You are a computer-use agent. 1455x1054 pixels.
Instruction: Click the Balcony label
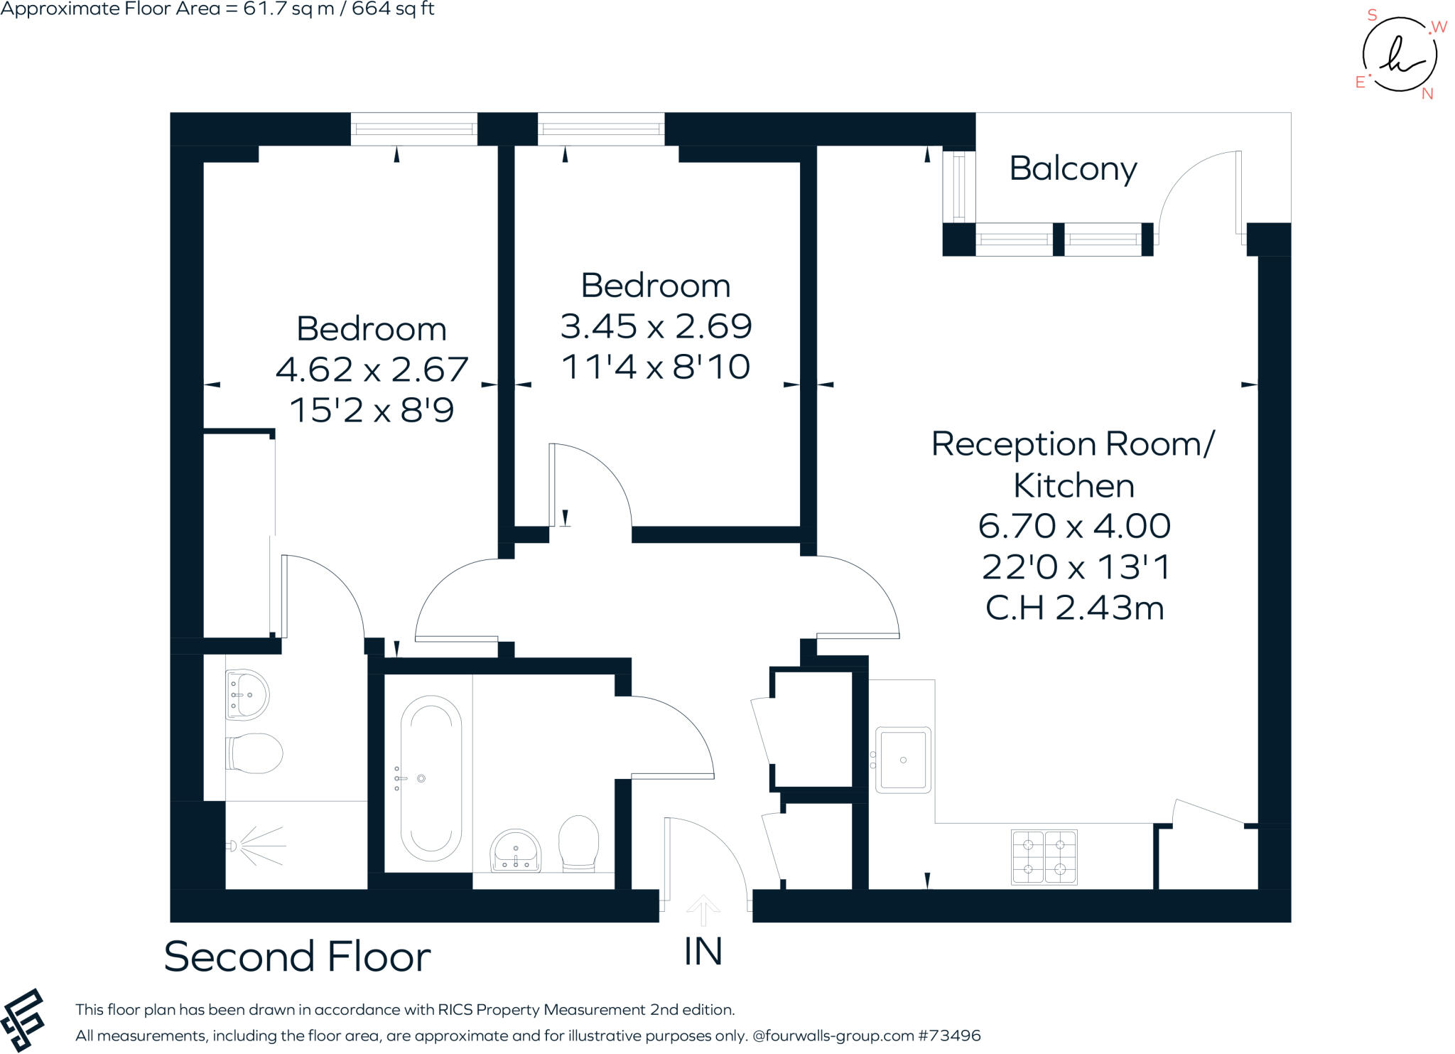pyautogui.click(x=1073, y=170)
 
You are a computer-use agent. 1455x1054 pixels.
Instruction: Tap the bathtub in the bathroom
pyautogui.click(x=431, y=778)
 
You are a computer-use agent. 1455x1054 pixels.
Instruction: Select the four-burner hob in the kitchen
pyautogui.click(x=1044, y=857)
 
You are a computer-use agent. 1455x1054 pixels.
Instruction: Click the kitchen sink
pyautogui.click(x=902, y=760)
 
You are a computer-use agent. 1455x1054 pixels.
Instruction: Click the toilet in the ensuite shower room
pyautogui.click(x=254, y=753)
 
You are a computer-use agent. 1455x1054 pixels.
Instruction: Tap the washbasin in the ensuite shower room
pyautogui.click(x=247, y=694)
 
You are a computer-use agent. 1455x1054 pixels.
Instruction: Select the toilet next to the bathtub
pyautogui.click(x=578, y=844)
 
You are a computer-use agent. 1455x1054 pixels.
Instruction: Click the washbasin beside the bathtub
pyautogui.click(x=516, y=850)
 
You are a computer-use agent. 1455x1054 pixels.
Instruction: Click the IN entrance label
pyautogui.click(x=703, y=952)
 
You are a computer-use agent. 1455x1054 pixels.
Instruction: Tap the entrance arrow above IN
pyautogui.click(x=703, y=910)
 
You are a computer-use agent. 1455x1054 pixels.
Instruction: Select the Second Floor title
pyautogui.click(x=297, y=957)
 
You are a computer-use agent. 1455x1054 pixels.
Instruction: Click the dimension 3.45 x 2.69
pyautogui.click(x=656, y=326)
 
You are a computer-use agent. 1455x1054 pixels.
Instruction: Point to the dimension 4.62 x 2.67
pyautogui.click(x=372, y=370)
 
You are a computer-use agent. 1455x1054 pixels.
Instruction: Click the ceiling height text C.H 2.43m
pyautogui.click(x=1074, y=608)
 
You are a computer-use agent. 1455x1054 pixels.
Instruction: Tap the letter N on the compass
pyautogui.click(x=1427, y=94)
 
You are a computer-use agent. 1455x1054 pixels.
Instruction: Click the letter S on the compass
pyautogui.click(x=1372, y=16)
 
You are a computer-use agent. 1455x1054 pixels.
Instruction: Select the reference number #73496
pyautogui.click(x=949, y=1036)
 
